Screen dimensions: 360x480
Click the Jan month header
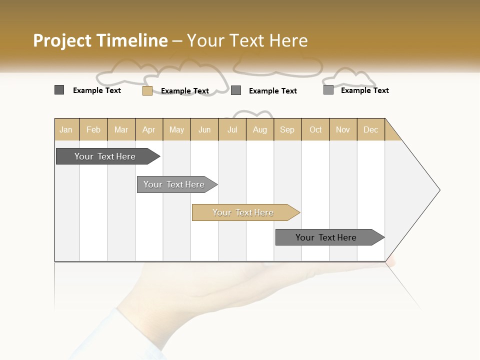tap(66, 129)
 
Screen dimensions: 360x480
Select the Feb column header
tap(93, 129)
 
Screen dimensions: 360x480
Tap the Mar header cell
tap(121, 129)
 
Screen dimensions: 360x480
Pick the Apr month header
tap(149, 129)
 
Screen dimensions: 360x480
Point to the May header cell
tap(176, 129)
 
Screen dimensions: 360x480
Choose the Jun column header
tap(204, 129)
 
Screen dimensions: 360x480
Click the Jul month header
tap(232, 129)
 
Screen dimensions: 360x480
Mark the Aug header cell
tap(260, 129)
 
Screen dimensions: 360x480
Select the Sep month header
tap(287, 129)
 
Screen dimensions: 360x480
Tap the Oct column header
tap(315, 129)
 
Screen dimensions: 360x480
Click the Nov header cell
tap(343, 129)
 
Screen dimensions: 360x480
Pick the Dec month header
tap(371, 129)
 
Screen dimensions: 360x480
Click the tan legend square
tap(147, 90)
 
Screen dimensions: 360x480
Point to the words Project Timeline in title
tap(100, 40)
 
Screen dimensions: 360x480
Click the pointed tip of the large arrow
tap(438, 190)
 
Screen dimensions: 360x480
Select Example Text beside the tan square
tap(185, 91)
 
